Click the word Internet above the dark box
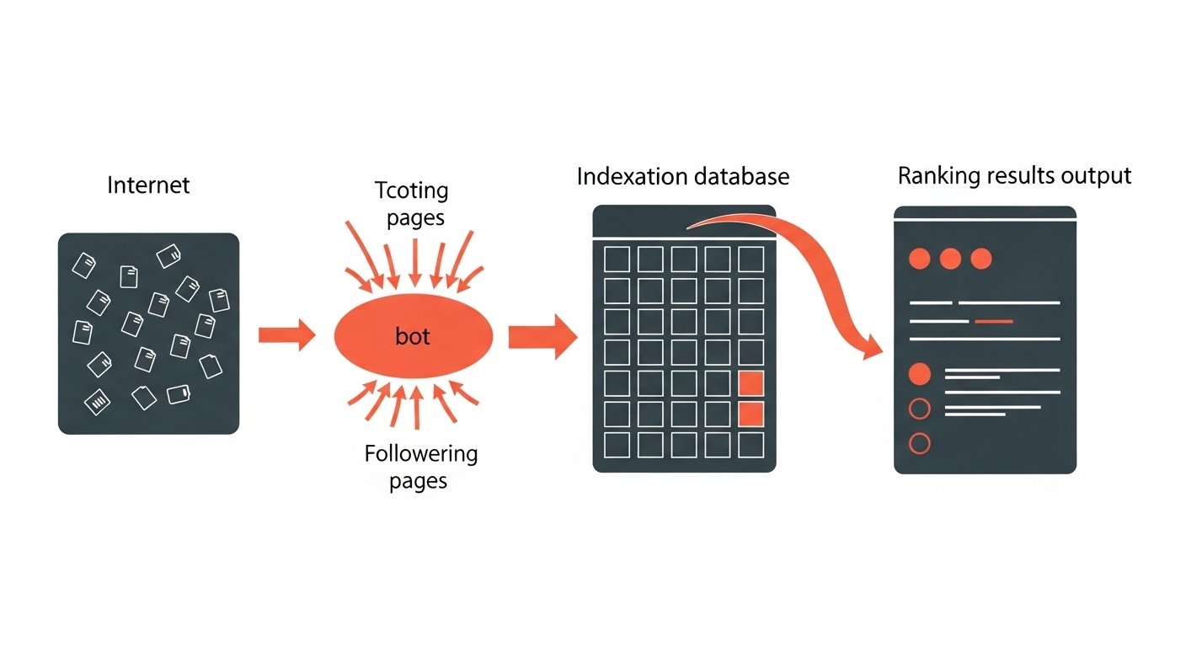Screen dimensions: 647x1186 tap(148, 184)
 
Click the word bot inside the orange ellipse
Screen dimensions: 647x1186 tap(413, 337)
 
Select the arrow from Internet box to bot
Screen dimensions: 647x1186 tap(286, 335)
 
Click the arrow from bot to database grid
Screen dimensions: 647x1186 tap(542, 337)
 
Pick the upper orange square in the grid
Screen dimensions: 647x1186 tap(751, 383)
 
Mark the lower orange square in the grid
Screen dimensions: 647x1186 tap(751, 414)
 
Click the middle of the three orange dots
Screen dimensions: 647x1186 tap(950, 259)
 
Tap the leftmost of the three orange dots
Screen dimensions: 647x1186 tap(919, 259)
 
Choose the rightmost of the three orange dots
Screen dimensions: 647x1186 tap(981, 259)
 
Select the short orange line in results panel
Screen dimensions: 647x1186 tap(993, 321)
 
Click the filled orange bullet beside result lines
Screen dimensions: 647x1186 tap(921, 374)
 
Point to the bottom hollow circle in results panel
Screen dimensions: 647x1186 tap(921, 443)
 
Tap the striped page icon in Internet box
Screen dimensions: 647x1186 tap(99, 400)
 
